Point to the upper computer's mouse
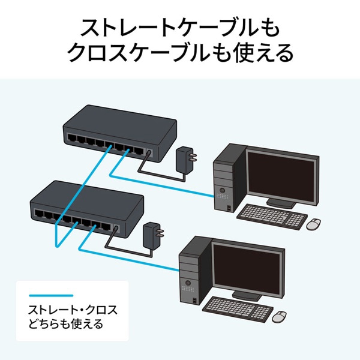tap(314, 224)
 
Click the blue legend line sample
tap(51, 295)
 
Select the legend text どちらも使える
tap(65, 325)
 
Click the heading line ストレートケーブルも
tap(180, 28)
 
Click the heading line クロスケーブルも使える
tap(180, 54)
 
